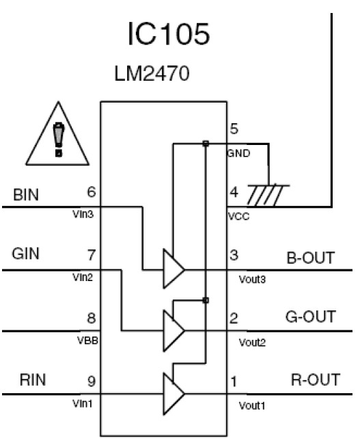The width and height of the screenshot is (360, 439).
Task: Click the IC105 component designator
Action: pyautogui.click(x=167, y=35)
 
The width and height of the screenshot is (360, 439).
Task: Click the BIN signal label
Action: pyautogui.click(x=26, y=196)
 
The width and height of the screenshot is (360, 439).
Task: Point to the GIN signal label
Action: pyautogui.click(x=27, y=254)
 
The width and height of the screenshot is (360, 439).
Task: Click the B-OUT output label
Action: pyautogui.click(x=311, y=258)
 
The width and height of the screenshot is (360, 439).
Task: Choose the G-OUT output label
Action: pyautogui.click(x=311, y=317)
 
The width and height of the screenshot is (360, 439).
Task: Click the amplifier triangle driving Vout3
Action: pyautogui.click(x=172, y=267)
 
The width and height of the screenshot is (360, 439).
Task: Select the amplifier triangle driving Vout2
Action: pyautogui.click(x=172, y=330)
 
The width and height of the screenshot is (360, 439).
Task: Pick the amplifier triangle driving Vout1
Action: pyautogui.click(x=172, y=394)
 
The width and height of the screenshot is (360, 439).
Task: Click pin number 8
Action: pyautogui.click(x=92, y=318)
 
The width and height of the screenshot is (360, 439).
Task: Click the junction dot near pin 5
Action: pyautogui.click(x=205, y=144)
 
